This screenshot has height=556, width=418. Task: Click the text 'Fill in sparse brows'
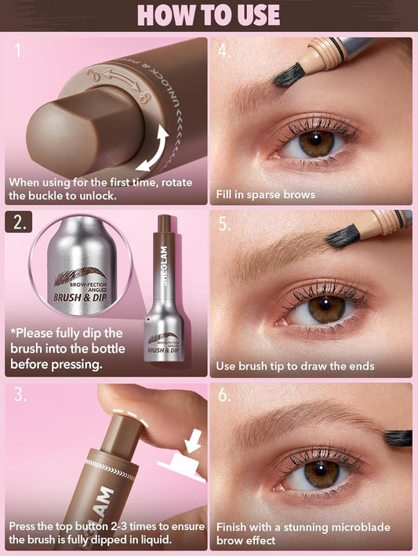(x=265, y=193)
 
